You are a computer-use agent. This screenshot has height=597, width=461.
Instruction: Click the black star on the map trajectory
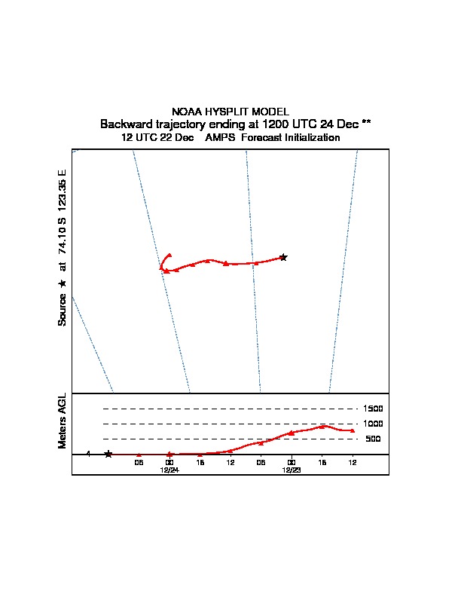point(283,257)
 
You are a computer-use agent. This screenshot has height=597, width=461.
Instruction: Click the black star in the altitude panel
point(108,454)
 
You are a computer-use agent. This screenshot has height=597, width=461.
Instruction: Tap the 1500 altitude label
point(373,409)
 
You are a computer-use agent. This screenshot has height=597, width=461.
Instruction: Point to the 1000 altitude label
point(373,424)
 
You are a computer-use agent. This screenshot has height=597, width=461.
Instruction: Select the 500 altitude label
point(373,439)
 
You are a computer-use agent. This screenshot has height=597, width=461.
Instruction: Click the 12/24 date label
point(169,470)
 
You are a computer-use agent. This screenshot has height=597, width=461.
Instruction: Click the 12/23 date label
point(292,470)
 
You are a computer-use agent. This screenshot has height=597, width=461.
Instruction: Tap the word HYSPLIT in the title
point(227,112)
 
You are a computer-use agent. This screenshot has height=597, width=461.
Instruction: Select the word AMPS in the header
point(220,137)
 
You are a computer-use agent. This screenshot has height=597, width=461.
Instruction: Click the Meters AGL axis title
point(62,421)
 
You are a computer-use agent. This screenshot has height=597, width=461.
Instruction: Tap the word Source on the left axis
point(62,310)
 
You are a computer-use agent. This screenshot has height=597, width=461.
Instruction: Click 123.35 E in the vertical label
point(62,190)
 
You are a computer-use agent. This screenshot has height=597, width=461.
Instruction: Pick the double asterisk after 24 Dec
point(366,123)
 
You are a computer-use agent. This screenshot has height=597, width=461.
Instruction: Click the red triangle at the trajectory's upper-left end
point(169,255)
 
